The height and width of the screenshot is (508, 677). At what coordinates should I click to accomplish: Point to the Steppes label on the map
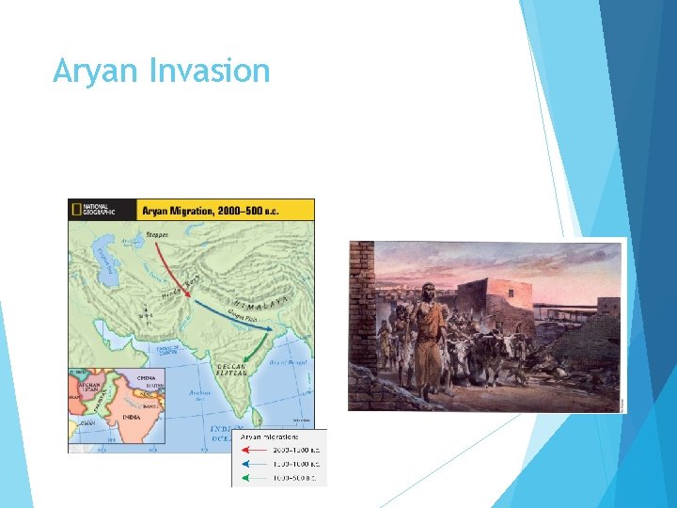157,235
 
